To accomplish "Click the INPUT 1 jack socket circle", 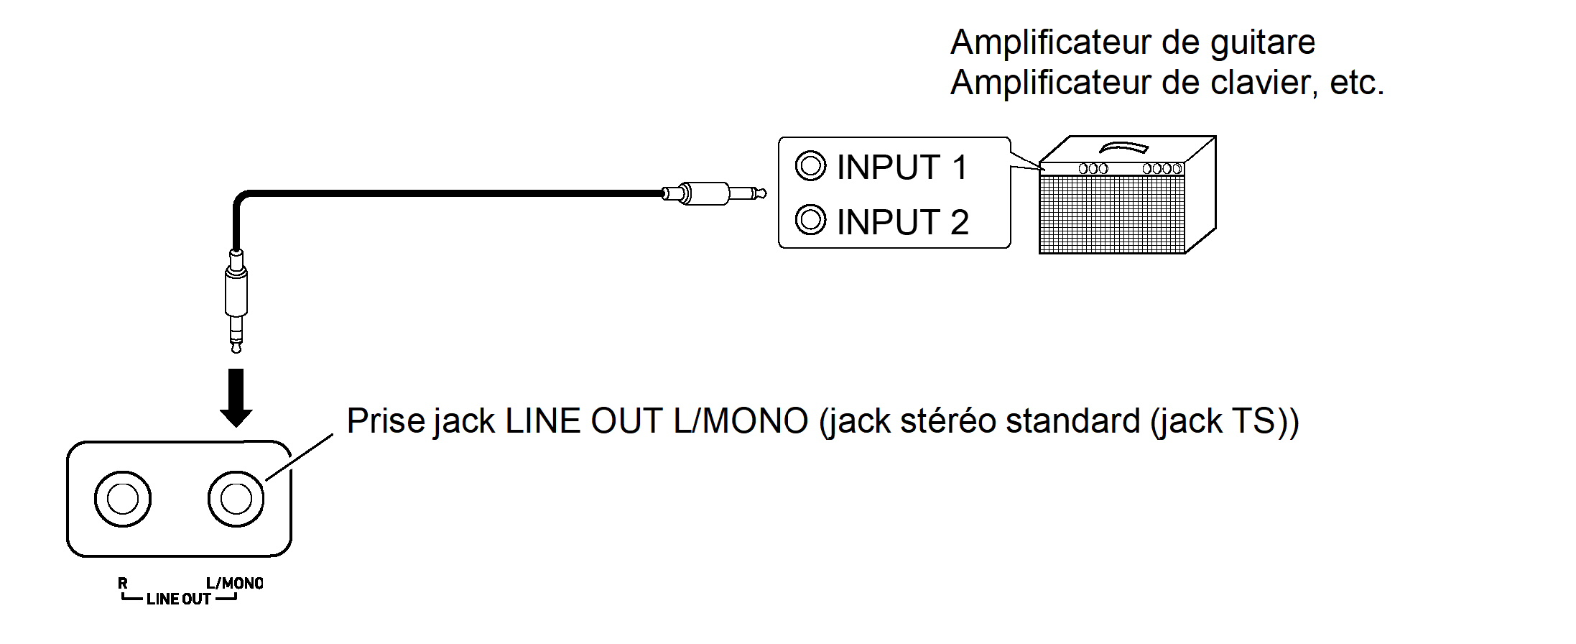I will (x=810, y=166).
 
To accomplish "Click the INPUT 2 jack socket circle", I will (x=810, y=220).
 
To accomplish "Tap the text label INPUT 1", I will (x=902, y=167).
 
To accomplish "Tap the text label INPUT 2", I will (x=902, y=222).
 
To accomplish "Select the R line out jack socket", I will (x=123, y=499).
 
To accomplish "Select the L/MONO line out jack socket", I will (x=236, y=499).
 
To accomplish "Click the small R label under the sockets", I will (x=123, y=583).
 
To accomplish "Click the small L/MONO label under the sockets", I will (x=234, y=583).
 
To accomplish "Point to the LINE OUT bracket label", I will (x=179, y=599).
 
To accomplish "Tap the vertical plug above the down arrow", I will (x=236, y=298).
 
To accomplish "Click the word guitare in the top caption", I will (x=1262, y=43).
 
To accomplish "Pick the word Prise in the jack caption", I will (x=386, y=421).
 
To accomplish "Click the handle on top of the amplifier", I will (x=1124, y=147).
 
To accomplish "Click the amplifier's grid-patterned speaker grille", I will (x=1111, y=213).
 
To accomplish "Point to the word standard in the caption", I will (x=1072, y=421).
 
